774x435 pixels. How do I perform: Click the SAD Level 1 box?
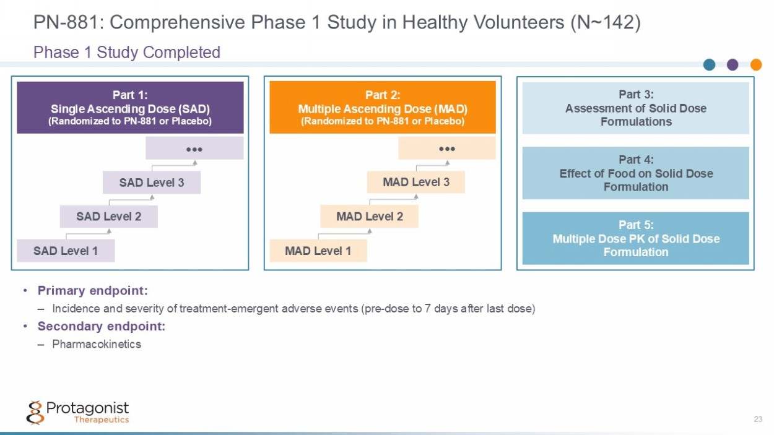tap(66, 251)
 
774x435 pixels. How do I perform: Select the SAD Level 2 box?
tap(109, 217)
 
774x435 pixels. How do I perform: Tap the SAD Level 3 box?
tap(152, 183)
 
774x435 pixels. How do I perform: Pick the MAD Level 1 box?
tap(318, 251)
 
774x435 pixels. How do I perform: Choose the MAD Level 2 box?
tap(370, 217)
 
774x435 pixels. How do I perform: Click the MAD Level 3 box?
tap(416, 182)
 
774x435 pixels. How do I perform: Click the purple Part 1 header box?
tap(130, 108)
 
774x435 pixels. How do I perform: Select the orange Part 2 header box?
tap(383, 108)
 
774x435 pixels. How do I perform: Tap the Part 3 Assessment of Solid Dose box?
tap(636, 108)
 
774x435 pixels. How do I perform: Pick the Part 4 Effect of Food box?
tap(636, 173)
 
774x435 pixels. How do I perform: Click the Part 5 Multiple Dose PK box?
tap(636, 238)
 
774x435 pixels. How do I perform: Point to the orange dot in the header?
tap(756, 64)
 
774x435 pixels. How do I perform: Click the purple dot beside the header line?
tap(733, 64)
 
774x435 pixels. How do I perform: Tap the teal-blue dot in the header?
tap(710, 64)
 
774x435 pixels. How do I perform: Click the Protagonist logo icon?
tap(35, 413)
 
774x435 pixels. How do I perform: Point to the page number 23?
tap(758, 419)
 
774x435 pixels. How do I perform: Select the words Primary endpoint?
tap(93, 291)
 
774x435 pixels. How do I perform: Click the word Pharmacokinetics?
tap(97, 344)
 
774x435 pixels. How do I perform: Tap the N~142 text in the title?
tap(606, 22)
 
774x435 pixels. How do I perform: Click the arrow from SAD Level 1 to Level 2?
tap(88, 234)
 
